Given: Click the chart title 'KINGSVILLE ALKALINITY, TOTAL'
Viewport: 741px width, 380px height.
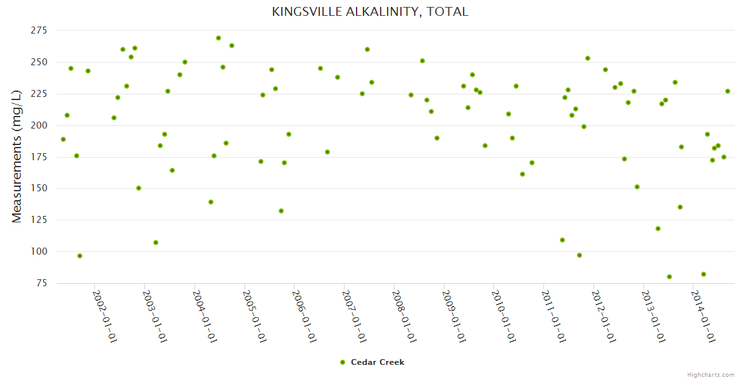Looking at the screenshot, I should (x=370, y=11).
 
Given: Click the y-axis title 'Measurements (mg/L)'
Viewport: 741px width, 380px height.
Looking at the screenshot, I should (x=17, y=156).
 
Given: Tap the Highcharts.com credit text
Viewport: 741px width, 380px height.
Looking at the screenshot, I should (x=711, y=374).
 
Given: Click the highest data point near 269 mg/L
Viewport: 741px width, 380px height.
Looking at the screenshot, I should (x=218, y=38).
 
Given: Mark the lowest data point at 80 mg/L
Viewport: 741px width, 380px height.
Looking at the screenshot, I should (x=669, y=277).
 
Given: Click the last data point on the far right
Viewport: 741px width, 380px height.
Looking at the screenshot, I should (x=728, y=91).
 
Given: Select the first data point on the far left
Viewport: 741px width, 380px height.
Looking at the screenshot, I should (x=63, y=139).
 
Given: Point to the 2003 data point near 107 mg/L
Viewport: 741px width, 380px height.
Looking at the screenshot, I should (x=156, y=243).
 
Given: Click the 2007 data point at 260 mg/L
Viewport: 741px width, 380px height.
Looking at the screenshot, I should (x=367, y=49).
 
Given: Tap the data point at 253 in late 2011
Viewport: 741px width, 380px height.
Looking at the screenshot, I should (x=588, y=58).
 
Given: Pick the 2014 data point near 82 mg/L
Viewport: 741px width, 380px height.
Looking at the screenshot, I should (x=704, y=274).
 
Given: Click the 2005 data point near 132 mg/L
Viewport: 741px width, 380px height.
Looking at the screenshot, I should (x=281, y=211).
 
